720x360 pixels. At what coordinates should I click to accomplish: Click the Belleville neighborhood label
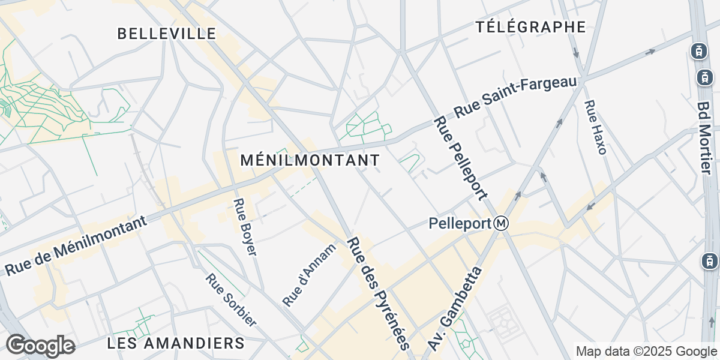point(166,34)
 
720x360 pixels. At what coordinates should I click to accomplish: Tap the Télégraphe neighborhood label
point(530,26)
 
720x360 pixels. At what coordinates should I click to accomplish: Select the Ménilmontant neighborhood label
point(310,160)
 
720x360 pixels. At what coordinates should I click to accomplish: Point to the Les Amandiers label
point(176,343)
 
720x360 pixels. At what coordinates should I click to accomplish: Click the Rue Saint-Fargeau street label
point(515,97)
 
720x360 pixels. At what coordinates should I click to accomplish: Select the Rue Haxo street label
point(595,127)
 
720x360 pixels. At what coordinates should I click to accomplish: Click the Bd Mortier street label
point(705,137)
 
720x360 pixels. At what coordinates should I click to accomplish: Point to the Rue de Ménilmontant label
point(76,246)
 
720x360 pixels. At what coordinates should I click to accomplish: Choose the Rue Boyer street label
point(245,227)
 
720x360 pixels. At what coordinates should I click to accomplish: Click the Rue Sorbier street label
point(231,300)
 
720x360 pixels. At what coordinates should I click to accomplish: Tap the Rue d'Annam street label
point(310,274)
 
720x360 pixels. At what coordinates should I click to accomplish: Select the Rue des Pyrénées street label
point(379,293)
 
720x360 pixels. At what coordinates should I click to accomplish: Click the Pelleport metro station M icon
point(502,224)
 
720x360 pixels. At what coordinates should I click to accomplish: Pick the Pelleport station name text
point(460,224)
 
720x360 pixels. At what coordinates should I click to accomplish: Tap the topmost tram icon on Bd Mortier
point(698,51)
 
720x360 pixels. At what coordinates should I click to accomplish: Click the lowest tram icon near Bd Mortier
point(709,261)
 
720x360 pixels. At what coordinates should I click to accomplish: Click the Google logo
point(40,346)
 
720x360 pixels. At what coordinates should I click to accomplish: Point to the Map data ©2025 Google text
point(646,351)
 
